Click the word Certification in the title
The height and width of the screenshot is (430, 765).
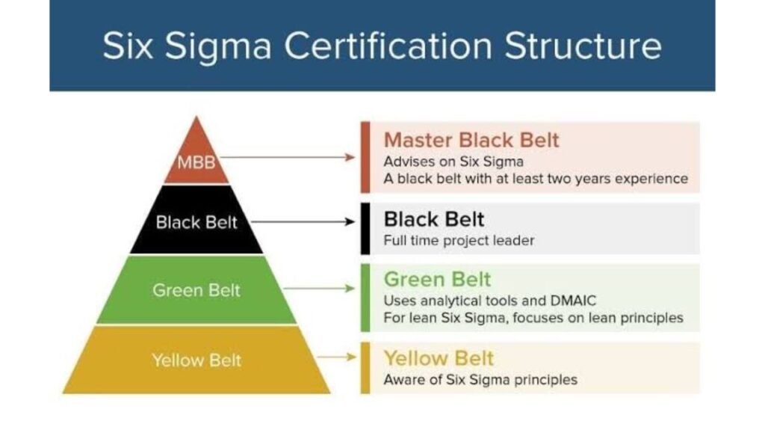tap(388, 46)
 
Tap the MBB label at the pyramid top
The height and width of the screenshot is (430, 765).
tap(196, 162)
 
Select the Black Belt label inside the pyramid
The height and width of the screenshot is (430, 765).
tap(196, 222)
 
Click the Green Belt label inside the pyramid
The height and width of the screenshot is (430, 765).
tap(196, 290)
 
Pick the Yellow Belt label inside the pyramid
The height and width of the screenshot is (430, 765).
tap(196, 360)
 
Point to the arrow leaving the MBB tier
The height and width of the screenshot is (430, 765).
tap(288, 157)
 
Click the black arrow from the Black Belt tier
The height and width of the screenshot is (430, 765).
tap(303, 222)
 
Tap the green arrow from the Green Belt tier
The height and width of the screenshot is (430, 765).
tap(319, 289)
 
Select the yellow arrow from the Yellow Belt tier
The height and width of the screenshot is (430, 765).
tap(337, 357)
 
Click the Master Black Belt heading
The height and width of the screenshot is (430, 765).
tap(471, 141)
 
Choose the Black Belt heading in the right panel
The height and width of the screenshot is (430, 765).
tap(434, 219)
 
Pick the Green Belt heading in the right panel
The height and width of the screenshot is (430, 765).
tap(437, 280)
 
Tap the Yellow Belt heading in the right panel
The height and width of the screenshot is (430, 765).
tap(439, 359)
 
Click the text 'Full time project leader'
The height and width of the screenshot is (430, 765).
tap(459, 240)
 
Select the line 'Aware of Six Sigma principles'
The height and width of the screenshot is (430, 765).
tap(480, 380)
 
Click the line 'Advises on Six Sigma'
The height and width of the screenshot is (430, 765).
tap(453, 162)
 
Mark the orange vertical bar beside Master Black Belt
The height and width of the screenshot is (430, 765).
tap(365, 157)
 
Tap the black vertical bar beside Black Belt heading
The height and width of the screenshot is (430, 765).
tap(365, 229)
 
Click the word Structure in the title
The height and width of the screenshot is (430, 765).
tap(583, 46)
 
